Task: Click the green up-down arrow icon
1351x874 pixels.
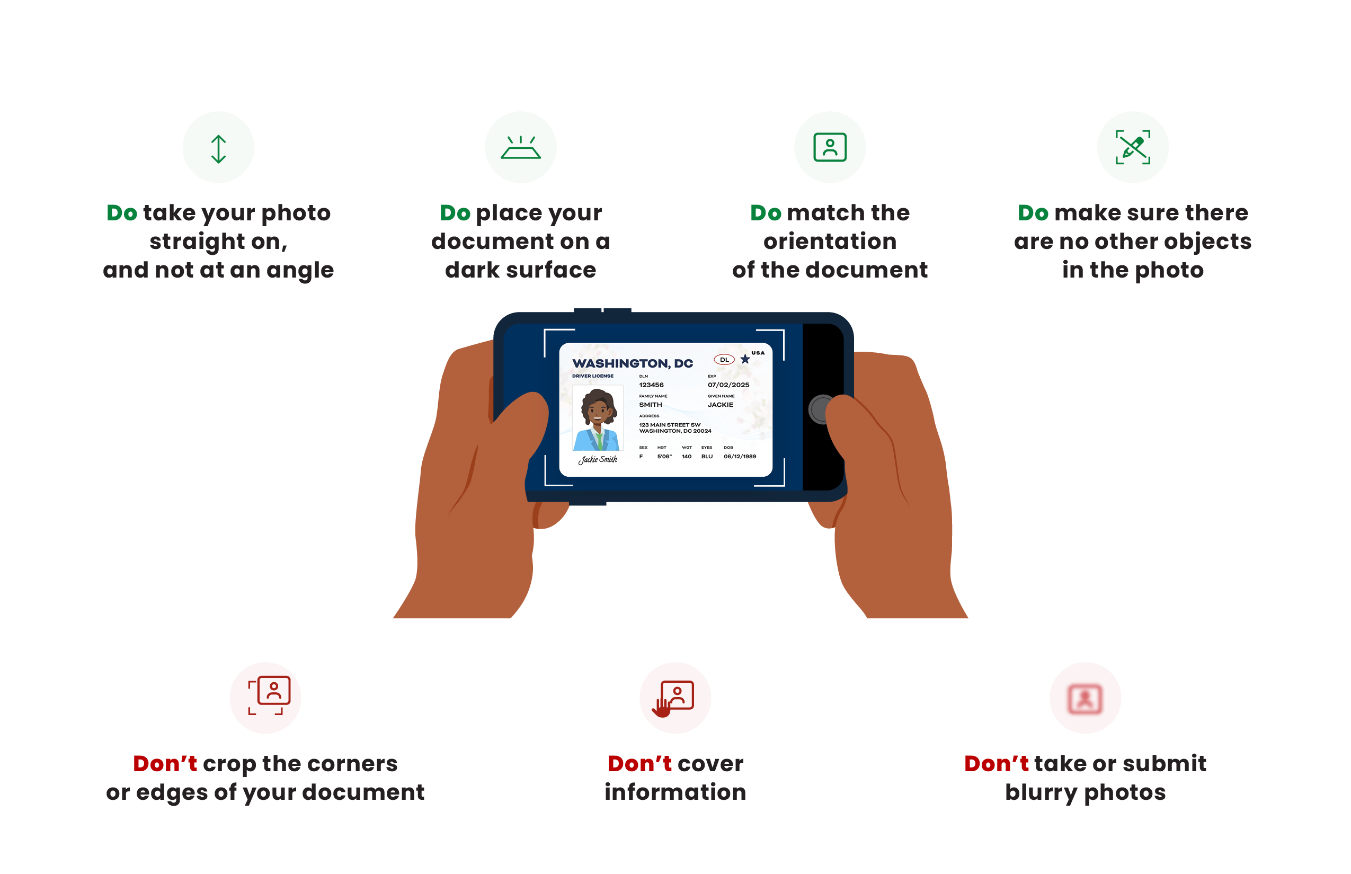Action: (x=218, y=149)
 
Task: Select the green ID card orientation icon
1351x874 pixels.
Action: (x=830, y=148)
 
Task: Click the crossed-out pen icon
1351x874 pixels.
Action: (x=1133, y=148)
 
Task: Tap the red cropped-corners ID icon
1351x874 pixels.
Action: (x=269, y=695)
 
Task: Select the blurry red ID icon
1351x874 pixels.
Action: (x=1085, y=699)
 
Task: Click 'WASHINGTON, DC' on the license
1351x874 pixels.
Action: (x=633, y=363)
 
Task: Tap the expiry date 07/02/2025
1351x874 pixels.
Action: (x=728, y=385)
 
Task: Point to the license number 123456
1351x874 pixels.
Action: (x=651, y=385)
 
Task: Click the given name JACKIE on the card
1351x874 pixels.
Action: (x=721, y=405)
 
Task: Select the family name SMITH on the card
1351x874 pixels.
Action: (x=651, y=405)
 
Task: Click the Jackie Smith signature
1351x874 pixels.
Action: (x=598, y=459)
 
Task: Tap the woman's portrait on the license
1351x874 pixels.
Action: (x=598, y=419)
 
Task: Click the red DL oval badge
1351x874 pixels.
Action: (x=724, y=360)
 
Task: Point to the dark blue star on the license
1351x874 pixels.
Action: (x=745, y=359)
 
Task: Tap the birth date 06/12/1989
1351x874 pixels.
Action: (x=740, y=456)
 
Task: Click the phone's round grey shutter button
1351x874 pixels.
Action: (x=820, y=408)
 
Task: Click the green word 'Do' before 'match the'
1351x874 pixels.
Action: (x=766, y=213)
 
